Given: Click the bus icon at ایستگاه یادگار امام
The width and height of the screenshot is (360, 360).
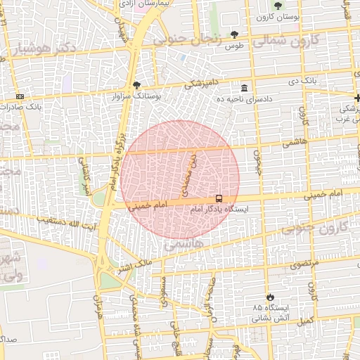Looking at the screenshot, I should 219,199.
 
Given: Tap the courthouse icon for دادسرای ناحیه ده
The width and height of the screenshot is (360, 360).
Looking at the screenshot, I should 244,88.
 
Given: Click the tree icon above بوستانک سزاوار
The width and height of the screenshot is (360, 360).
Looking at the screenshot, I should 136,84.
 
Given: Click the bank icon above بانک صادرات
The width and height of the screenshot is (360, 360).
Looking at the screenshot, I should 19,96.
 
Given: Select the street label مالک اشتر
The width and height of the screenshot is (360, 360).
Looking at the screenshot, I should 133,265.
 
